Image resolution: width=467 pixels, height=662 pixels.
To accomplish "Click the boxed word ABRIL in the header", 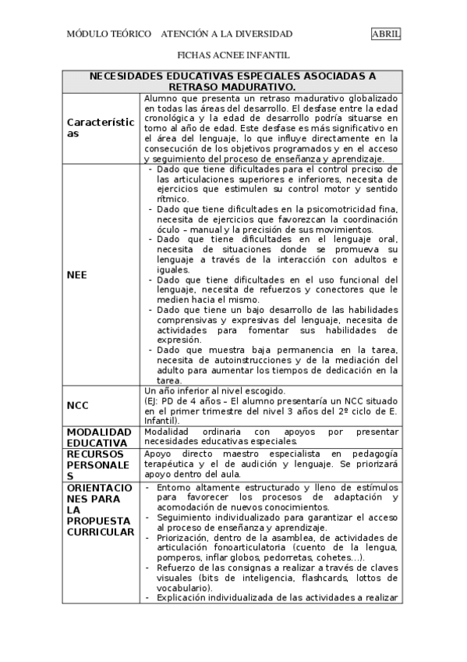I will pyautogui.click(x=386, y=34).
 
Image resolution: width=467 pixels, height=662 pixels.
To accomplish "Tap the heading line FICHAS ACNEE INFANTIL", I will pyautogui.click(x=233, y=55).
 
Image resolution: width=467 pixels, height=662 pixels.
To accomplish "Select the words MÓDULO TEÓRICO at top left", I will pyautogui.click(x=109, y=34).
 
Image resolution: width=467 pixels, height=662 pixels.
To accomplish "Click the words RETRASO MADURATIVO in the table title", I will pyautogui.click(x=232, y=87).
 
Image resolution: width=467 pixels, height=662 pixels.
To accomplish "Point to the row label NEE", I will pyautogui.click(x=77, y=275).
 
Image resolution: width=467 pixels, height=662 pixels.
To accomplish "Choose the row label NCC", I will pyautogui.click(x=77, y=406).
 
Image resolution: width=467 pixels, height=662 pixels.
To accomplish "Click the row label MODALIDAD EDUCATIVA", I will pyautogui.click(x=98, y=436).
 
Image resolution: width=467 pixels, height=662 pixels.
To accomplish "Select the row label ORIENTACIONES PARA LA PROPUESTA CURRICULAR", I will pyautogui.click(x=101, y=510).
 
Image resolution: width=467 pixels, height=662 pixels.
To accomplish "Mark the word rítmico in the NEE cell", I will pyautogui.click(x=172, y=200).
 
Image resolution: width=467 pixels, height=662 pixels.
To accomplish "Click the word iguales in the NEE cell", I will pyautogui.click(x=172, y=269).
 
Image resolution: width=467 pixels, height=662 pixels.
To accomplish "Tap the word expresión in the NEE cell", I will pyautogui.click(x=179, y=340).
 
